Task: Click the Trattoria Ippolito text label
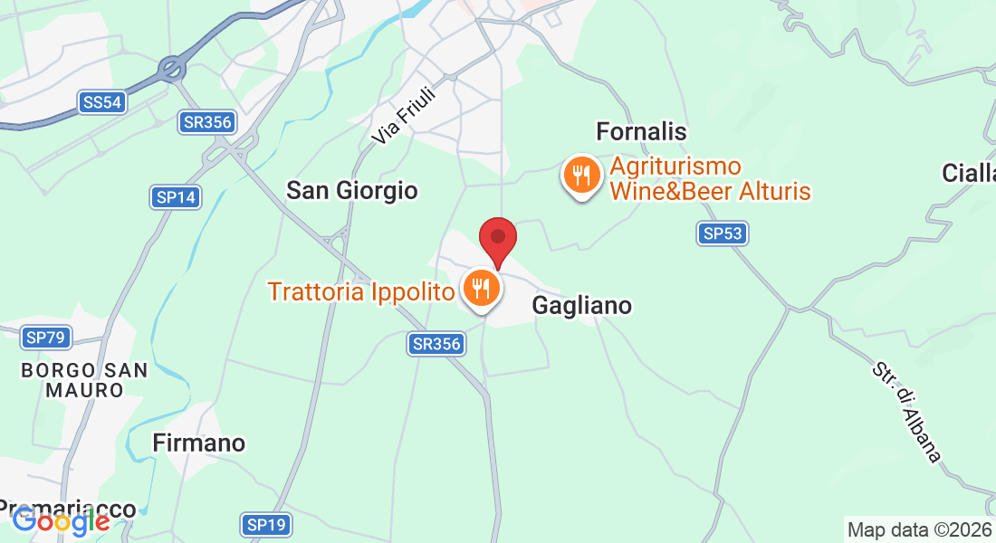coord(360,292)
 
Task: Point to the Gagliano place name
coord(581,306)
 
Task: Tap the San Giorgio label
coord(352,190)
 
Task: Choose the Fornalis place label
coord(641,132)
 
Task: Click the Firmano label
coord(199,443)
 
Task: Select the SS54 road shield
coord(101,102)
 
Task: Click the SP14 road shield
coord(176,196)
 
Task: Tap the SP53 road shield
coord(723,233)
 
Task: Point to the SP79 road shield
coord(46,338)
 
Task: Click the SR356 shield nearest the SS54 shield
coord(207,122)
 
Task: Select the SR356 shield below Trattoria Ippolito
coord(437,344)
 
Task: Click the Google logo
coord(61,520)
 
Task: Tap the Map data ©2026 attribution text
coord(919,529)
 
